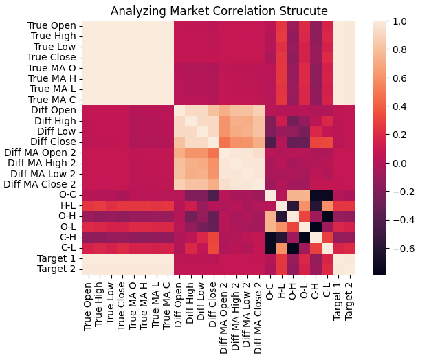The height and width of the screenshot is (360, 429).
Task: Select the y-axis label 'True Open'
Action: coord(52,27)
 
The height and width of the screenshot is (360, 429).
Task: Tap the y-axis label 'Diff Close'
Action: coord(53,143)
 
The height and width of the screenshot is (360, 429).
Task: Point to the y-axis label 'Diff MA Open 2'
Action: coord(43,153)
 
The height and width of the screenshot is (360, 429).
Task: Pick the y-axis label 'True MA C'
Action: coord(53,100)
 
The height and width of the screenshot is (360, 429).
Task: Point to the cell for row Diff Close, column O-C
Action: coord(270,143)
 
